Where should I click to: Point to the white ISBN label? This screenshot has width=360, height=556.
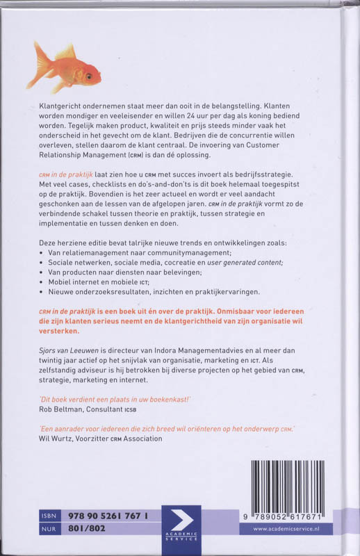tap(48, 517)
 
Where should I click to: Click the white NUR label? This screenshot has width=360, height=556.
tap(48, 530)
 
